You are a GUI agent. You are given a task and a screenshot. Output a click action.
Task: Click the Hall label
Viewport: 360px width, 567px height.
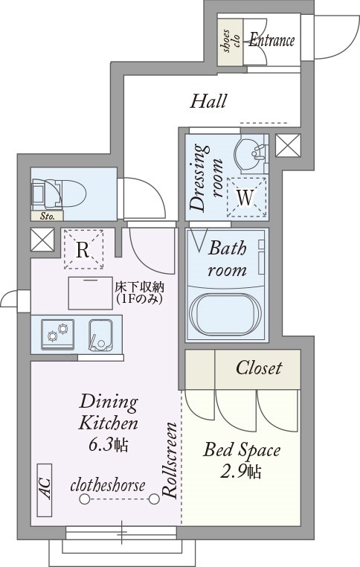tap(208, 101)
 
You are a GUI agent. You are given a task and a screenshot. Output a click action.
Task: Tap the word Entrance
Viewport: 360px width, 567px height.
tap(271, 39)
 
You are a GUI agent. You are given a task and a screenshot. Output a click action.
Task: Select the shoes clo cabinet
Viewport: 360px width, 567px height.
tap(231, 39)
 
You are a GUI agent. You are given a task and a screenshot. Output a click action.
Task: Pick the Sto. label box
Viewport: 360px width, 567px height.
tap(47, 217)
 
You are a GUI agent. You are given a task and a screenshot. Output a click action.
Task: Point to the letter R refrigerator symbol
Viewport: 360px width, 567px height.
tap(83, 249)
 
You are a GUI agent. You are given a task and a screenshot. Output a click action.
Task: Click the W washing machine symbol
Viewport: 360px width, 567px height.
tap(245, 197)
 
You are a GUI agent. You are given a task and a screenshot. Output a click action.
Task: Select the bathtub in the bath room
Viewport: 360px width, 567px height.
tap(225, 313)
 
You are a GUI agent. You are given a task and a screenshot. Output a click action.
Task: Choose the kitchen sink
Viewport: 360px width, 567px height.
tap(101, 335)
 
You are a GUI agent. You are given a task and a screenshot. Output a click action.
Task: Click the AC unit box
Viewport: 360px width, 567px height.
tap(45, 490)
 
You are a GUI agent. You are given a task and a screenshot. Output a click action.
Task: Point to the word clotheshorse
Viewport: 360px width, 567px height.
tap(108, 486)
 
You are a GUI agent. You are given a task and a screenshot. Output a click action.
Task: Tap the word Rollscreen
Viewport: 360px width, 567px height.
tap(170, 460)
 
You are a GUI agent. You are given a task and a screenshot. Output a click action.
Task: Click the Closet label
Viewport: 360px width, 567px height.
tap(258, 368)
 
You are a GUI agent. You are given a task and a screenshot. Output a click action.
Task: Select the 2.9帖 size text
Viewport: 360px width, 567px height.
tap(241, 472)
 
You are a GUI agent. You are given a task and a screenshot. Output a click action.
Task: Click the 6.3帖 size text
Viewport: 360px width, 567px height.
tap(108, 444)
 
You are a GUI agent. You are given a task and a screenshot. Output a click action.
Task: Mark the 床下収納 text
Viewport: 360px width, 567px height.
tap(140, 287)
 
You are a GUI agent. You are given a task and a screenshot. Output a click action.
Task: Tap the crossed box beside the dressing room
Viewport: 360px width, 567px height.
tap(288, 145)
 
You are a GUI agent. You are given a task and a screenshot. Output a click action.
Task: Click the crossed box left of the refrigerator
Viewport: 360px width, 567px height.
tap(42, 240)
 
